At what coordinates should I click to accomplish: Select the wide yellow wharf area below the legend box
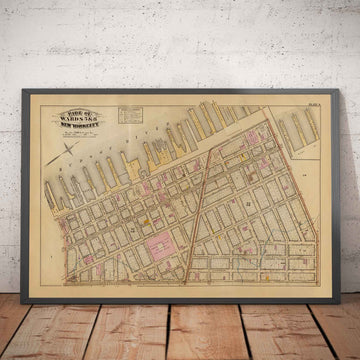pos(155,150)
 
